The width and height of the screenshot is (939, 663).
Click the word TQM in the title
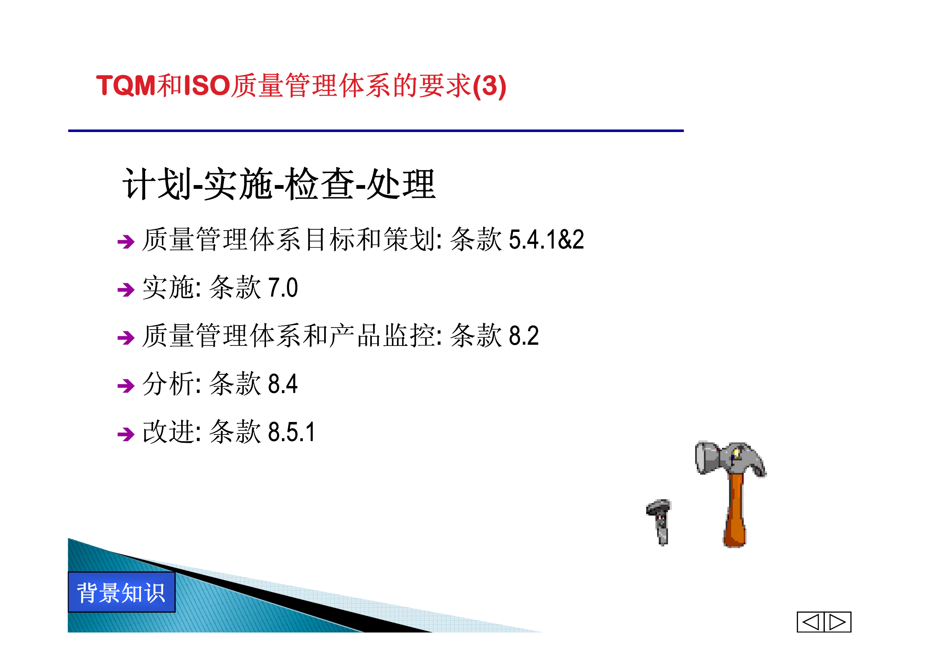coord(125,86)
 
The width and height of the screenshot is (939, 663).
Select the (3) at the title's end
coord(489,86)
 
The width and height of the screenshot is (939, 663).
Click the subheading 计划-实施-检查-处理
coord(279,184)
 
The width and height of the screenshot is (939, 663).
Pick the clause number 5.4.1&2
coord(546,240)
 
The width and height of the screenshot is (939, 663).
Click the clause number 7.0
coord(283,288)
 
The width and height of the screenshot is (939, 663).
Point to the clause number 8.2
coord(524,336)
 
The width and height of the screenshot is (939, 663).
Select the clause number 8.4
coord(283,384)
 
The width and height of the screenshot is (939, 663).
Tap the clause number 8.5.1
coord(291,432)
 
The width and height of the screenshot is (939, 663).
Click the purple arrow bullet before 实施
coord(126,290)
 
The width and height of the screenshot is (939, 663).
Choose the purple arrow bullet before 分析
coord(126,386)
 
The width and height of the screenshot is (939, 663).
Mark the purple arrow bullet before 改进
coord(126,434)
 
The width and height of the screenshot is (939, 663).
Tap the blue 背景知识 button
coord(121,592)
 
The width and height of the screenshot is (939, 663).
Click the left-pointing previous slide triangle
coord(811,622)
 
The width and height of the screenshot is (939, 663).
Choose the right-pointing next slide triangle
coord(838,622)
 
